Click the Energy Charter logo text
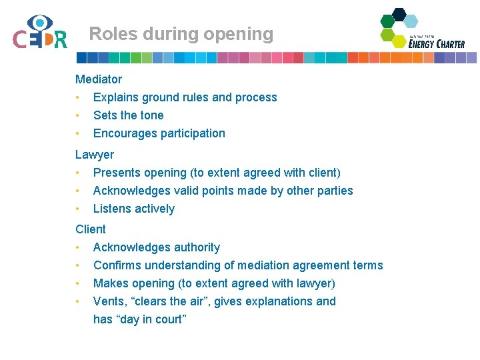pos(437,43)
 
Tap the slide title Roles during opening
pos(181,34)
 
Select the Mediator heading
pos(99,79)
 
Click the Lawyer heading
pos(95,155)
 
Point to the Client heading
pos(91,229)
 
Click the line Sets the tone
pos(128,115)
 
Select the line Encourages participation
pos(159,133)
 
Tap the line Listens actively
pos(134,209)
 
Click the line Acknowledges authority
pos(157,247)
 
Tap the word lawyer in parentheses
pos(313,283)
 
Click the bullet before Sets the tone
pos(78,115)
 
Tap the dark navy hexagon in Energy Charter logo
pos(399,13)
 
